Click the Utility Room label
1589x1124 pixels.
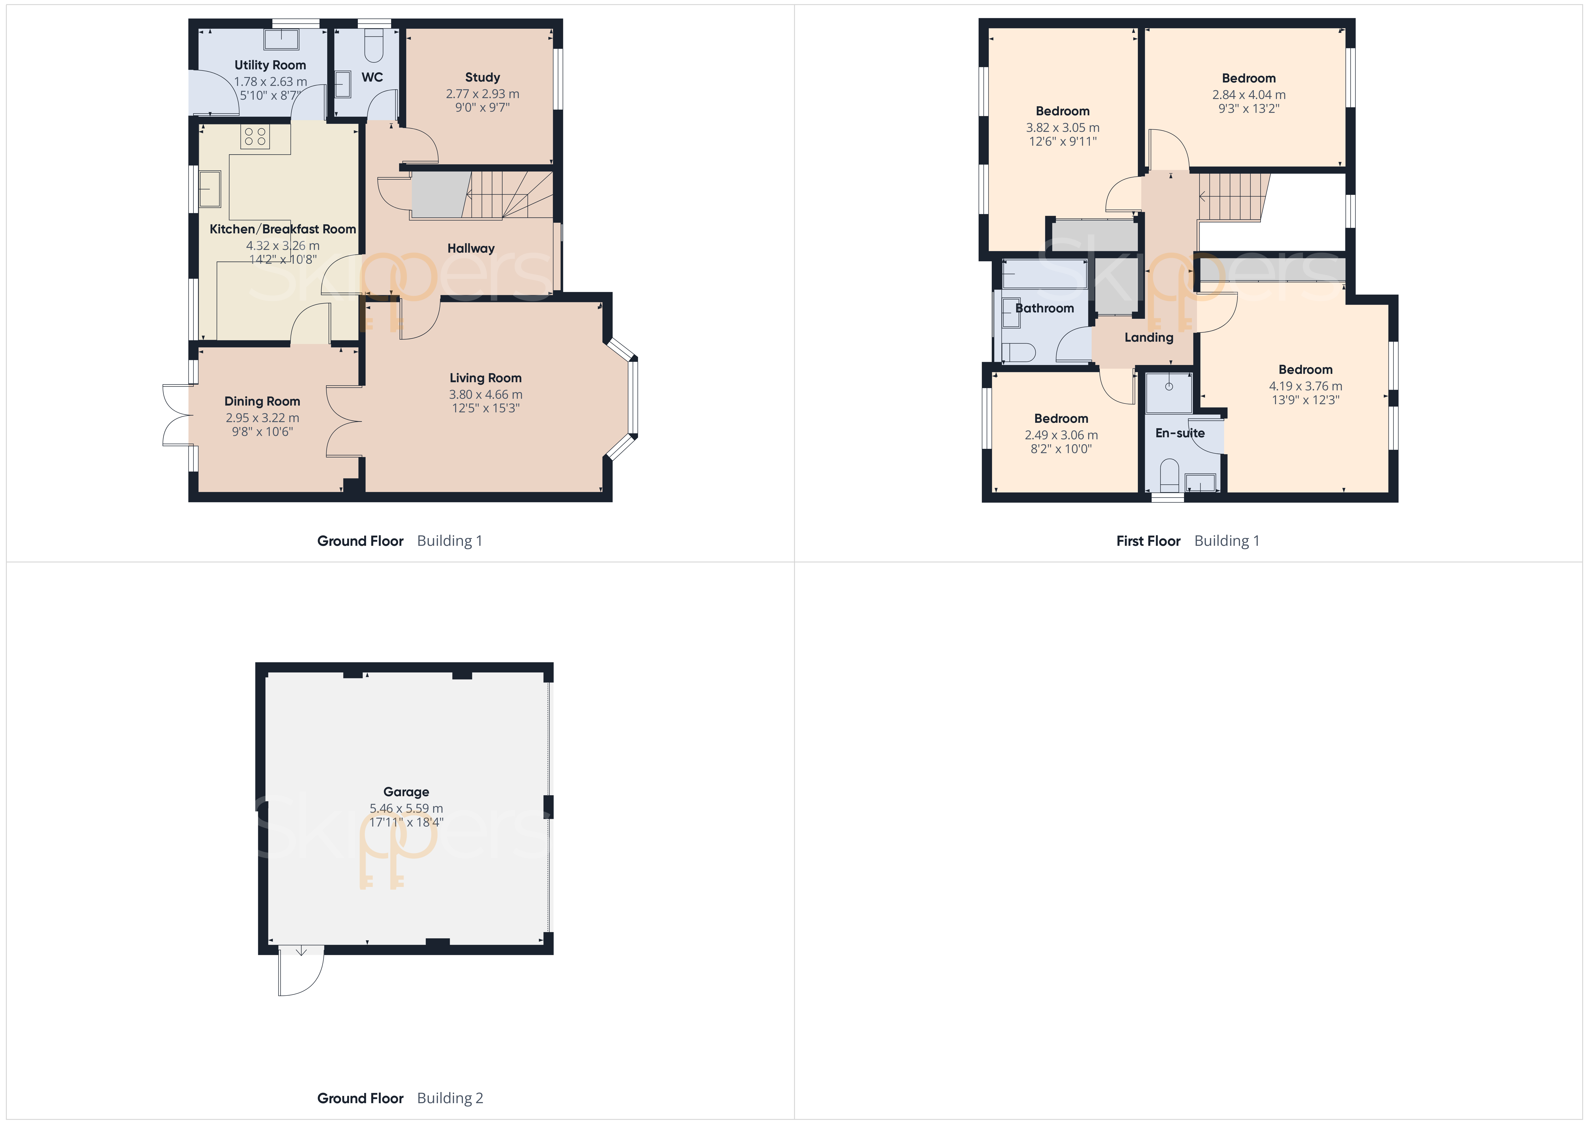(x=270, y=65)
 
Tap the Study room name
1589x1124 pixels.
(x=482, y=77)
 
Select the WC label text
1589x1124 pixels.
(x=372, y=77)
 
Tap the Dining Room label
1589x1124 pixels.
(x=262, y=402)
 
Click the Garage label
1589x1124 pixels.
(x=406, y=792)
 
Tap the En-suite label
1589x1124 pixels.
(x=1180, y=433)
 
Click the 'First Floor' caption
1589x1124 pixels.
(x=1148, y=541)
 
